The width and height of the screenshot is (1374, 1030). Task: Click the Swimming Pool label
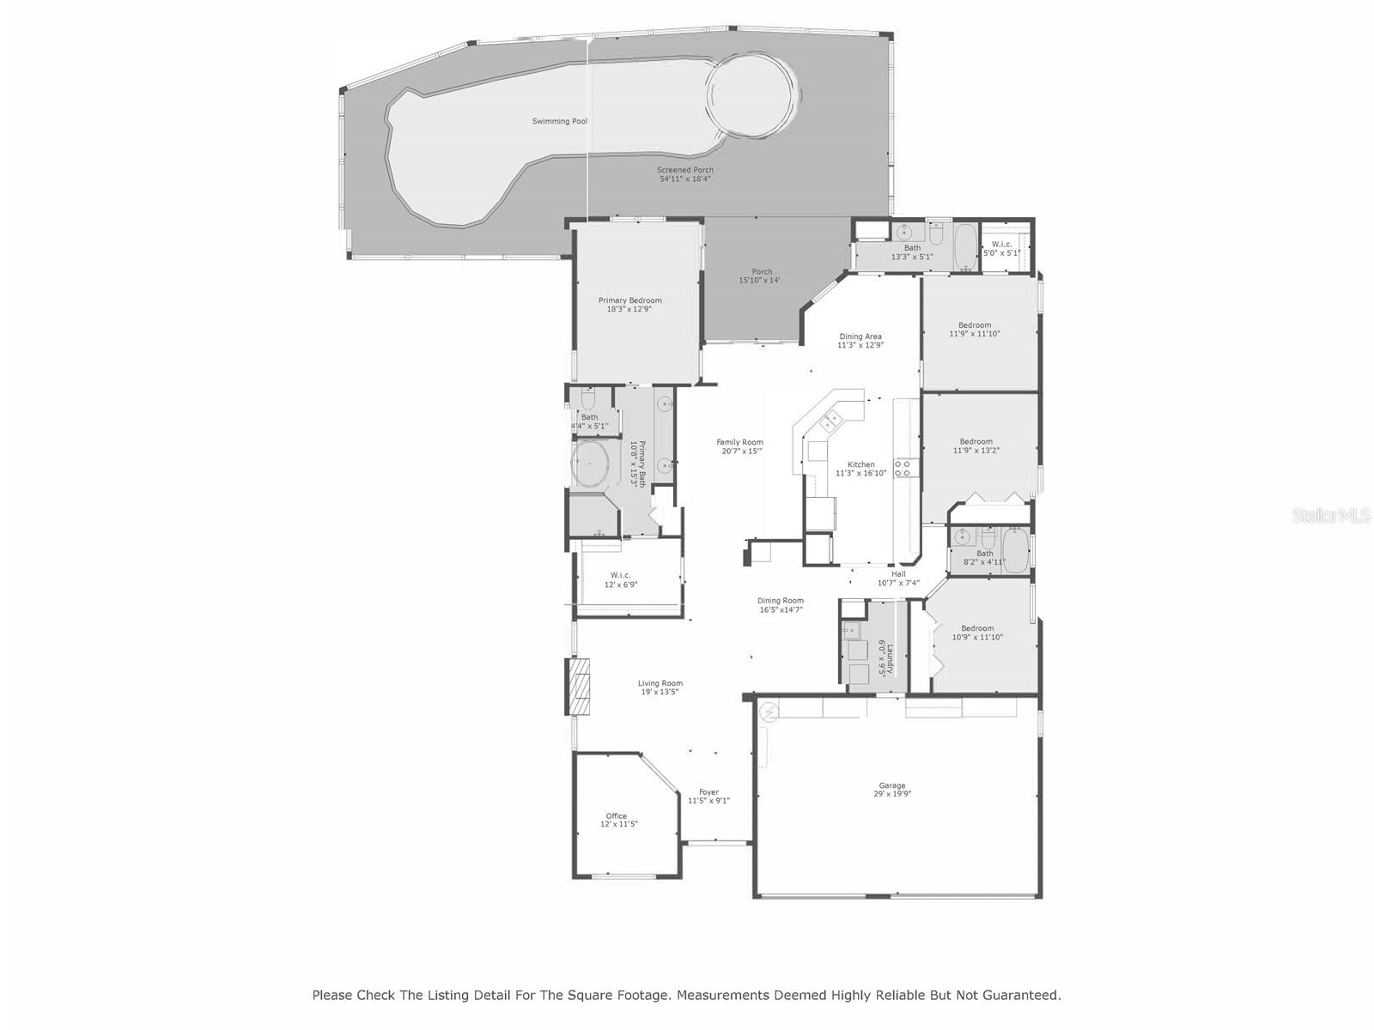(559, 122)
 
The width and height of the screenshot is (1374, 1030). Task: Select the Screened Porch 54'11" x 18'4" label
(685, 175)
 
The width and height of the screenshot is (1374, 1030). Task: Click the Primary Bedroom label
(629, 305)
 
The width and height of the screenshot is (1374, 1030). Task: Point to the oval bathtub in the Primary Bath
(590, 463)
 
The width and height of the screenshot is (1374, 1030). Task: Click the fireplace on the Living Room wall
(581, 685)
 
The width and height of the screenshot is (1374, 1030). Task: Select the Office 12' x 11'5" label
(618, 820)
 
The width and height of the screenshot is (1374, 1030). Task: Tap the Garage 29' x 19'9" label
(892, 790)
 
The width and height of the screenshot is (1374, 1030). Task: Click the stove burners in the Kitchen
(903, 469)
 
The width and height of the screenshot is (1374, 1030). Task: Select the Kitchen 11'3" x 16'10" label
(860, 469)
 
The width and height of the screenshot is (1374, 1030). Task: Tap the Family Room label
(739, 446)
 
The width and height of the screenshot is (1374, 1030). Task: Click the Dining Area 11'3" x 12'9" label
(860, 341)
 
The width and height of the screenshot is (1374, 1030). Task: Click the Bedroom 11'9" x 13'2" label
(976, 445)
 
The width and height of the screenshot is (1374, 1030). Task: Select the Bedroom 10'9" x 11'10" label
(977, 633)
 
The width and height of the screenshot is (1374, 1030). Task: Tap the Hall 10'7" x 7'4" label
(898, 579)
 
